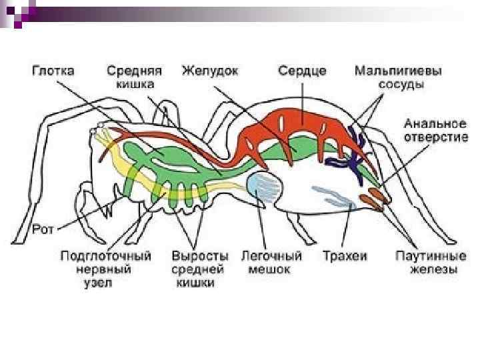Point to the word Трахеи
345,256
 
